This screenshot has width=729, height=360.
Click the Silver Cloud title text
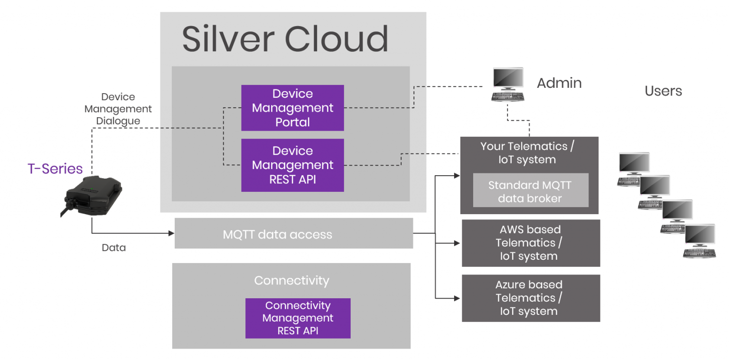coord(285,39)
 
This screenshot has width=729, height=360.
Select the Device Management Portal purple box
coord(292,108)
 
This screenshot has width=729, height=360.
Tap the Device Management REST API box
coord(292,165)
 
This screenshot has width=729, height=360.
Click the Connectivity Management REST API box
coord(298,318)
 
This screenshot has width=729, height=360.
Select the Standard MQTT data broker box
coord(530,192)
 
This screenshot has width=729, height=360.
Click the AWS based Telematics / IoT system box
coord(530,243)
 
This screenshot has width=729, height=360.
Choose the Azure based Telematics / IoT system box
coord(530,298)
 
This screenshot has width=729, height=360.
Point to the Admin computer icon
coord(507,84)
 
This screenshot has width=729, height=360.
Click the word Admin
coord(559,83)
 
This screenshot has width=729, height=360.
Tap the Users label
coord(663,91)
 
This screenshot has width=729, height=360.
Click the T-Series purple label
coord(55,169)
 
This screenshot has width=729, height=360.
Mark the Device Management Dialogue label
coord(118,109)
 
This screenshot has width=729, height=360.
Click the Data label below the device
coord(114,247)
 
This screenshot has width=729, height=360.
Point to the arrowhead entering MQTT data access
coord(171,233)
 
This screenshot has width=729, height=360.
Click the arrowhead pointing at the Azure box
coord(457,298)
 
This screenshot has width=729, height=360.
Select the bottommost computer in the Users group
coord(699,242)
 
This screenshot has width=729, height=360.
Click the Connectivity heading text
coord(291,281)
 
